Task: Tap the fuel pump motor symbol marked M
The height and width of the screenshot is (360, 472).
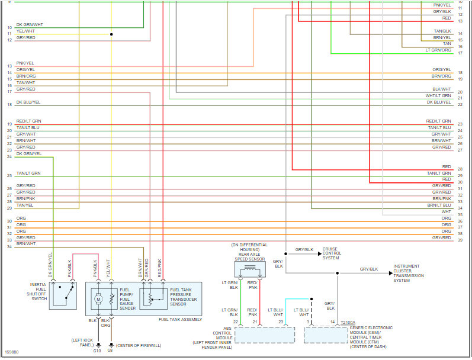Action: coord(99,300)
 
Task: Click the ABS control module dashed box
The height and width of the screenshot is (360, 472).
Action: coord(264,335)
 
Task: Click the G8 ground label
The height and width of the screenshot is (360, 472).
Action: coord(110,351)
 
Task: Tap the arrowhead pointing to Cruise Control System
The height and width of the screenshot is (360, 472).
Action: coord(318,250)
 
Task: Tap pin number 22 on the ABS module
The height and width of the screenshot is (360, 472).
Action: coord(236,322)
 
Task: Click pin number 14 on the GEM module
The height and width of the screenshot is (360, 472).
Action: coord(332,322)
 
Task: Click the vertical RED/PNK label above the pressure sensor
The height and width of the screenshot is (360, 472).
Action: coord(159,265)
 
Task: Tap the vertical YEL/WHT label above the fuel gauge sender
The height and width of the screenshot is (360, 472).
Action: coord(108,265)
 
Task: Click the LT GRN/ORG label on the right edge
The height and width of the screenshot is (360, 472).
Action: coord(438,50)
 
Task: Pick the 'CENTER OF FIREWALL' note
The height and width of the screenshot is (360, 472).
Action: coord(138,345)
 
